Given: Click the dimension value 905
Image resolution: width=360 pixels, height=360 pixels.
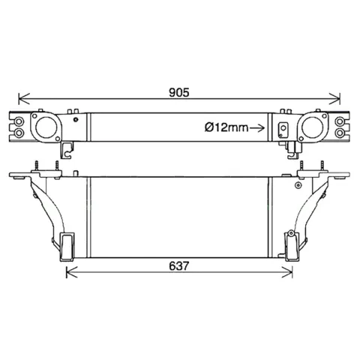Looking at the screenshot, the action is pyautogui.click(x=179, y=92).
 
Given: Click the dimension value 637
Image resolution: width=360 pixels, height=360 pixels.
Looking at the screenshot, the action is pyautogui.click(x=179, y=266).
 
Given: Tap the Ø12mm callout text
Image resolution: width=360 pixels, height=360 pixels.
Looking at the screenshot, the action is pyautogui.click(x=226, y=127).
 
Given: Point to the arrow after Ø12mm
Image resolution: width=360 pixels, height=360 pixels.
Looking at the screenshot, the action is pyautogui.click(x=257, y=128).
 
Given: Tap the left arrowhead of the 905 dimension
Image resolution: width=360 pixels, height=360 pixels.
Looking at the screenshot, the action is pyautogui.click(x=24, y=99).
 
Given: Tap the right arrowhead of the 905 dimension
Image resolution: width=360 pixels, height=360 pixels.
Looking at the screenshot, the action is pyautogui.click(x=334, y=99).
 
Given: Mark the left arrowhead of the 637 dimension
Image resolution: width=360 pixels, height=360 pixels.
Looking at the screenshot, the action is pyautogui.click(x=72, y=272).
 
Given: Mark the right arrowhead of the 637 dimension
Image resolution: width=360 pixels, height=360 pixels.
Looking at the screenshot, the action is pyautogui.click(x=287, y=272).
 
